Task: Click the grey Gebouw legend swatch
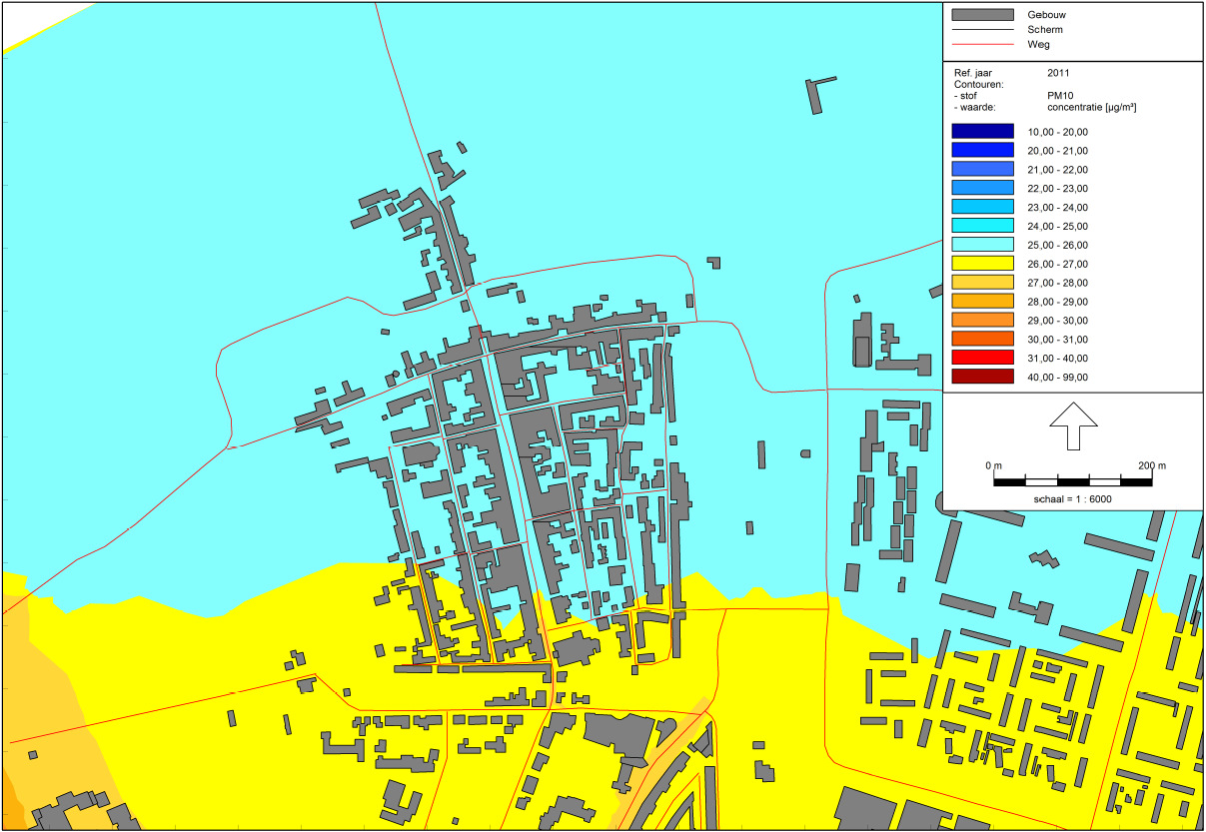[x=982, y=15]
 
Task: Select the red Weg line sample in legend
[x=982, y=45]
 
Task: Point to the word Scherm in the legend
[x=1044, y=30]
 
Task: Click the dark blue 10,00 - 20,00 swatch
[x=982, y=132]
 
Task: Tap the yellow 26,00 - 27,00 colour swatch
[x=982, y=264]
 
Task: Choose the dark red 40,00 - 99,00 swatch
[x=982, y=377]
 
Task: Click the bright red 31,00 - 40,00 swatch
[x=982, y=358]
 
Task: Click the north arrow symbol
[x=1072, y=425]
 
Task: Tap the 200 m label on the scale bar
[x=1152, y=466]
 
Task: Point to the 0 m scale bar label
[x=992, y=466]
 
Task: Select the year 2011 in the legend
[x=1059, y=73]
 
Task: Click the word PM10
[x=1061, y=96]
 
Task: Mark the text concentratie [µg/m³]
[x=1094, y=107]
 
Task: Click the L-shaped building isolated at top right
[x=820, y=92]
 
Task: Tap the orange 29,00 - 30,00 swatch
[x=982, y=321]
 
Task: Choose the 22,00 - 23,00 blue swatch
[x=982, y=189]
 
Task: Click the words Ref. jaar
[x=974, y=73]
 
